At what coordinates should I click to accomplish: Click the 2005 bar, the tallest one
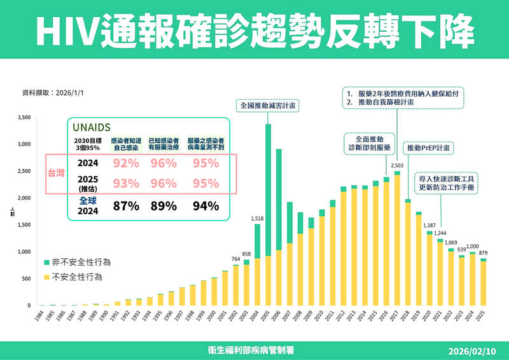pyautogui.click(x=268, y=216)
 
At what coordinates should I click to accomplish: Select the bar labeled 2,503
pyautogui.click(x=397, y=239)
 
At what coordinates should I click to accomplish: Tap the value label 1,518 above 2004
pyautogui.click(x=257, y=219)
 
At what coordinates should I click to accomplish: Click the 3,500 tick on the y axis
pyautogui.click(x=24, y=118)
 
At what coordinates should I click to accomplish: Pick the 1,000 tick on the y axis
pyautogui.click(x=24, y=252)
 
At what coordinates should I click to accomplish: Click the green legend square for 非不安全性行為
pyautogui.click(x=48, y=261)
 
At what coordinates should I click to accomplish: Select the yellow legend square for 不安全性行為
pyautogui.click(x=48, y=277)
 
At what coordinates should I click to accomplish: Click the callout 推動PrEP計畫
pyautogui.click(x=428, y=148)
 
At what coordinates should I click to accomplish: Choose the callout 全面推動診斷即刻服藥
pyautogui.click(x=370, y=142)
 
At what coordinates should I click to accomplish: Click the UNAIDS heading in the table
pyautogui.click(x=93, y=127)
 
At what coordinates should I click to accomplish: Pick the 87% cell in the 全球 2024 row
pyautogui.click(x=126, y=205)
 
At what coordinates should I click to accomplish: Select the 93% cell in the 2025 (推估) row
pyautogui.click(x=126, y=184)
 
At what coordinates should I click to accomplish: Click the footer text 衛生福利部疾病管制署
pyautogui.click(x=254, y=350)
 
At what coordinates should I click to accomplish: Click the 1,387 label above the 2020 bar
pyautogui.click(x=429, y=226)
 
